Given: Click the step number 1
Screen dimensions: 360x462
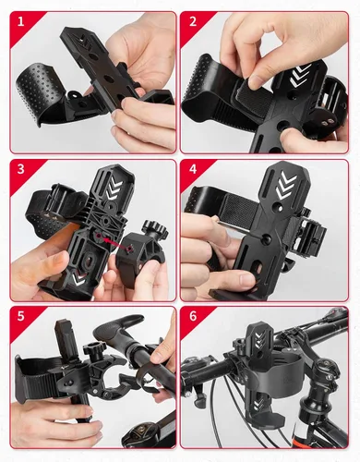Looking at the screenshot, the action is click(x=20, y=22).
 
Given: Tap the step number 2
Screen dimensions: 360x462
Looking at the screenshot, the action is click(x=193, y=22).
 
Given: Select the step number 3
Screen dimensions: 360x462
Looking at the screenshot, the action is click(x=20, y=169).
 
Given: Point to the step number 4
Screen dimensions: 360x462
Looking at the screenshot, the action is click(x=193, y=169).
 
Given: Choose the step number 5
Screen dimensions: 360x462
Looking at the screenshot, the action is click(x=20, y=316).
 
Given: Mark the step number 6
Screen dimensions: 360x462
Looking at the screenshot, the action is click(x=193, y=316).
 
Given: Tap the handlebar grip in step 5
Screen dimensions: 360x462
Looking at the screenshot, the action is click(x=117, y=333).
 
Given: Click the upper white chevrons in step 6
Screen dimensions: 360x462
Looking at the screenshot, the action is click(x=258, y=339).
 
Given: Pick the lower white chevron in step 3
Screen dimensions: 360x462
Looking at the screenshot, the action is click(x=79, y=277).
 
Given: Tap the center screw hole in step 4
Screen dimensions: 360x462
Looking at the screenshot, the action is click(x=266, y=237).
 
